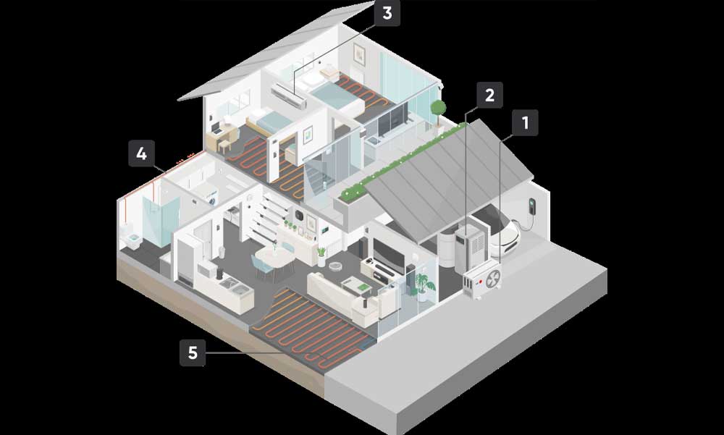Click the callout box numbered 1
click(x=525, y=123)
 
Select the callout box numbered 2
click(x=489, y=95)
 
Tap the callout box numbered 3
click(x=387, y=13)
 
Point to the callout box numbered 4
click(x=141, y=153)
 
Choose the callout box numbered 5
click(x=193, y=352)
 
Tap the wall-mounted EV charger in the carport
click(x=532, y=206)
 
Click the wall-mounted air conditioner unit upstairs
click(x=289, y=96)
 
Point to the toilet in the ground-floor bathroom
click(x=132, y=239)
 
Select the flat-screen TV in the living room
click(x=388, y=255)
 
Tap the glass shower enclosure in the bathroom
click(x=161, y=221)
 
